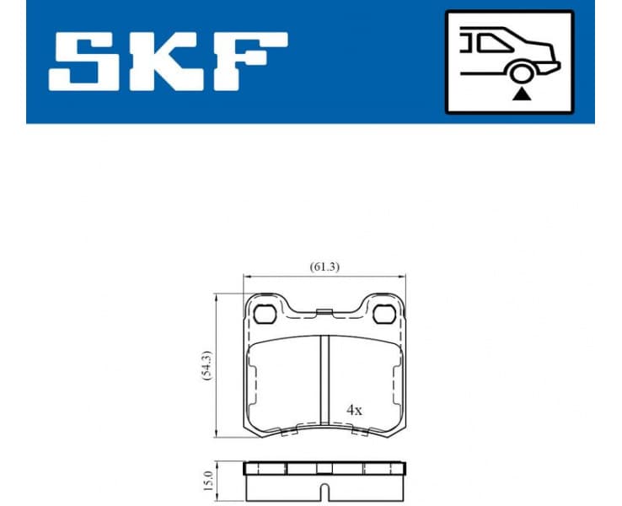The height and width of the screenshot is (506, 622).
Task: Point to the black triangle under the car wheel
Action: point(522,94)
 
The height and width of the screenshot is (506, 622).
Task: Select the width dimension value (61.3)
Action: point(324,266)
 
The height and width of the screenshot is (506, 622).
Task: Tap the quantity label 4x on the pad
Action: point(354,410)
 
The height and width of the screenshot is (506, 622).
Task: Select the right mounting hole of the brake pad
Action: point(384,315)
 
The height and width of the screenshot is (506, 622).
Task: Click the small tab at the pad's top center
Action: point(324,313)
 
